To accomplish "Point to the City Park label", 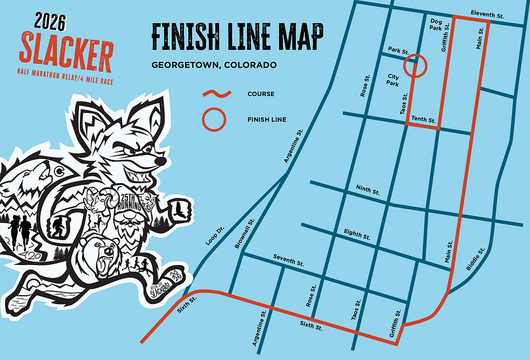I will [x=393, y=80].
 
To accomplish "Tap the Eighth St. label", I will [x=357, y=235].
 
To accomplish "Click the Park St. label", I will [x=398, y=50].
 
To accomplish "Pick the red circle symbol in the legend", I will [x=213, y=119].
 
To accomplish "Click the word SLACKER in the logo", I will [x=66, y=48].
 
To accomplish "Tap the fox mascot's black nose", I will [x=160, y=161].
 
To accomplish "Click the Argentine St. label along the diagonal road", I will [x=292, y=146].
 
